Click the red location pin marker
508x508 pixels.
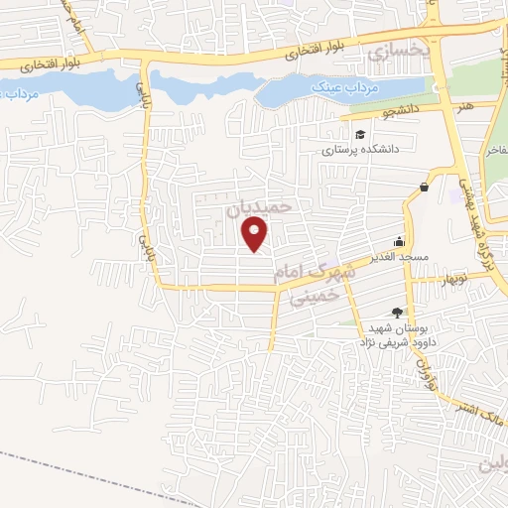pyautogui.click(x=256, y=234)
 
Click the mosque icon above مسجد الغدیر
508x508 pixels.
pyautogui.click(x=400, y=240)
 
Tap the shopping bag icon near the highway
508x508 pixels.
pyautogui.click(x=425, y=187)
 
